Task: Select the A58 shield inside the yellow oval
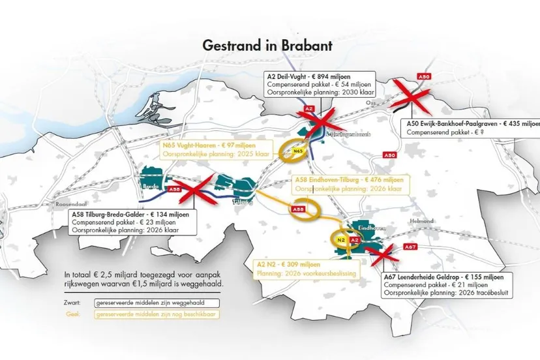click(x=297, y=209)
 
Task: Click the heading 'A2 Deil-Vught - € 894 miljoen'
click(x=310, y=76)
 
